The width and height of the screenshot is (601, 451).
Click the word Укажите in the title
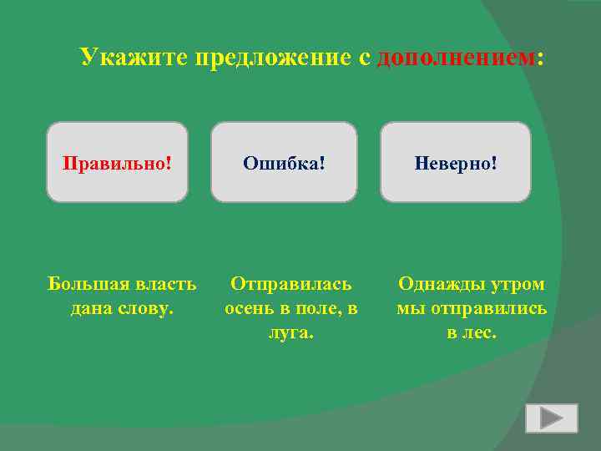coord(134,57)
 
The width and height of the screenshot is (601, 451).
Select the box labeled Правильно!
coord(117,162)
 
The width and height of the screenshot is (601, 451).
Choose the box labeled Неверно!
coord(456,162)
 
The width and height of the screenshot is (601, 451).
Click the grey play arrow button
coord(551,418)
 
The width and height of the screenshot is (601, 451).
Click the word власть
coord(164,284)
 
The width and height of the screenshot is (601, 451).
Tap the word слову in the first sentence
coord(146,308)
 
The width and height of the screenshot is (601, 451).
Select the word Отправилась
coord(291,284)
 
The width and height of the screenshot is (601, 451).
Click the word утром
coord(517,284)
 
